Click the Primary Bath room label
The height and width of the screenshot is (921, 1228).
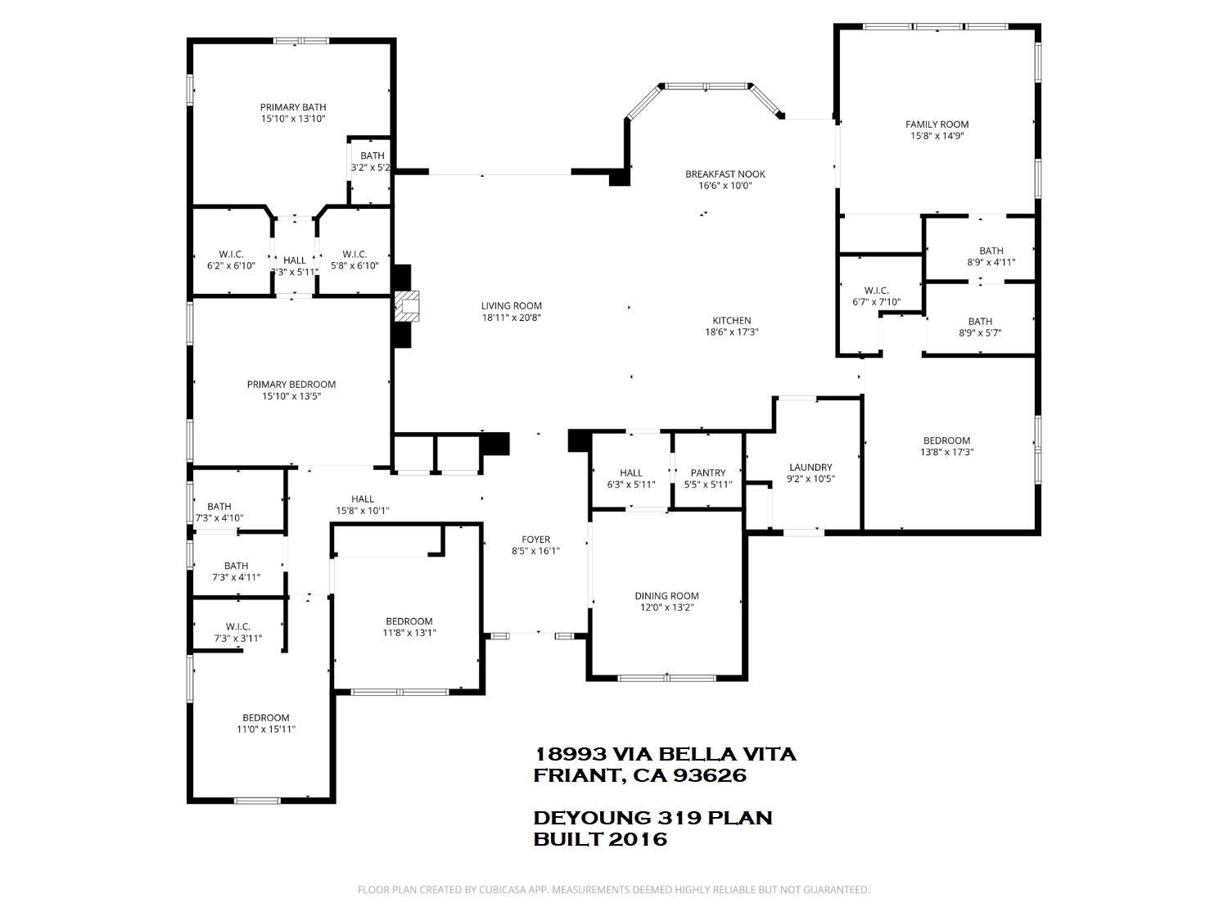click(x=292, y=106)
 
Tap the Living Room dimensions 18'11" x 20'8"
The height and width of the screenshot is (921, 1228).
click(x=511, y=318)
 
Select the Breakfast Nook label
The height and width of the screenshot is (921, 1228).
click(x=725, y=174)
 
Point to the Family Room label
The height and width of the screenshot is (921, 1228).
click(x=937, y=124)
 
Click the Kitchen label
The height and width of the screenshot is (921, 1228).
click(x=732, y=320)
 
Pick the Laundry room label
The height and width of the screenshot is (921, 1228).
click(x=810, y=467)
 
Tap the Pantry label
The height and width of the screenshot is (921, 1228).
click(x=707, y=472)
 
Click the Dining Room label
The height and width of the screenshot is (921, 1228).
click(x=666, y=595)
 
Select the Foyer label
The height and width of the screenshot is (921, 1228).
click(x=536, y=539)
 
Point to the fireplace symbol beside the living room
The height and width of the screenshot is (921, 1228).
click(x=407, y=305)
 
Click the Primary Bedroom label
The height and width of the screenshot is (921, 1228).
click(x=291, y=384)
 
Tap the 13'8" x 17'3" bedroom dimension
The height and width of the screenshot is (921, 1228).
click(x=946, y=452)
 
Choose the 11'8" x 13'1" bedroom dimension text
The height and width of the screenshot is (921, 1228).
click(x=409, y=633)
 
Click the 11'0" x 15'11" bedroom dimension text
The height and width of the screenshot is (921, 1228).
click(x=266, y=729)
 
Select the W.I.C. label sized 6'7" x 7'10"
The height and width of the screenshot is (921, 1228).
click(x=876, y=291)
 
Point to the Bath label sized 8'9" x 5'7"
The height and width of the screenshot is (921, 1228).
click(x=980, y=321)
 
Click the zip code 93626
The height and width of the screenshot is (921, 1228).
click(x=710, y=775)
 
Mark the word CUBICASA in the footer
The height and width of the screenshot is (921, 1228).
click(x=503, y=890)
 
